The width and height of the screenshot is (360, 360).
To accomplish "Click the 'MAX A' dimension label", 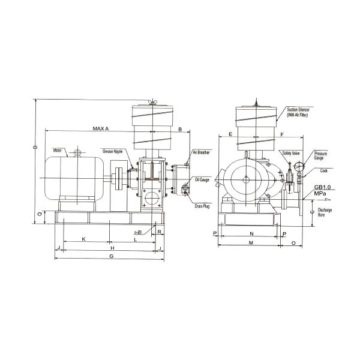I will pos(100,129).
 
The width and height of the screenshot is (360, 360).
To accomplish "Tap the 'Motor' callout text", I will pos(58,150).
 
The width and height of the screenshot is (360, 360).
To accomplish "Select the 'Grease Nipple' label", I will pos(112,151).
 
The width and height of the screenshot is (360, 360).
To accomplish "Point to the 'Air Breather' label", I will pos(201,153).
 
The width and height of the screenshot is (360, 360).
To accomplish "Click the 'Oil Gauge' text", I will pos(202,179).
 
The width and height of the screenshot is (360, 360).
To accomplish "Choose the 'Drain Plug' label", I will pos(202,205).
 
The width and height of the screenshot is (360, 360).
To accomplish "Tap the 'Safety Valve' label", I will pos(290,153).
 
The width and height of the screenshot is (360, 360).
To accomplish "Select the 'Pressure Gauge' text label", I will pos(319,156).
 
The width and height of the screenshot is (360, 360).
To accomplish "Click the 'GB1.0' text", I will pos(322,188).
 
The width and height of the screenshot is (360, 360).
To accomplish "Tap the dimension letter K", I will pos(83,239).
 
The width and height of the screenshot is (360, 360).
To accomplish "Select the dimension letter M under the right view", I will pos(251,242).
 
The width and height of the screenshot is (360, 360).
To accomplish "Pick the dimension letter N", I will pos(251,232).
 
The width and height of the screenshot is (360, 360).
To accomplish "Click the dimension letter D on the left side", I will pos(35,148).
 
